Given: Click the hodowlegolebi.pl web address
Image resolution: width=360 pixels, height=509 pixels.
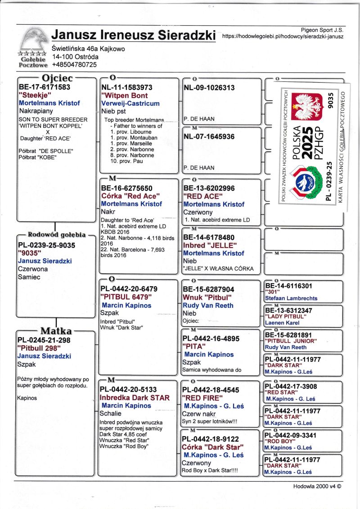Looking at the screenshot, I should point(283,36).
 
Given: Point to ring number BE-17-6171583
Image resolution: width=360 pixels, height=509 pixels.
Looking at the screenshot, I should point(45,87).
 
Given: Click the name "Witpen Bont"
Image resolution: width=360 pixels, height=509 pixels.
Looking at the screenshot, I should point(124,95).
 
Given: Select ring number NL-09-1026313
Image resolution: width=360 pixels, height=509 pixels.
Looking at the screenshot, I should point(209,88).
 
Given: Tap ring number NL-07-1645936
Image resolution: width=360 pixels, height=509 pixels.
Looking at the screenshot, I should point(209,136).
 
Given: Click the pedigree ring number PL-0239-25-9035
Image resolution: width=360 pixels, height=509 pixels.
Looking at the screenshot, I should point(47,245).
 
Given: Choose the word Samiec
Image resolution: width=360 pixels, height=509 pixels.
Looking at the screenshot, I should point(29,277).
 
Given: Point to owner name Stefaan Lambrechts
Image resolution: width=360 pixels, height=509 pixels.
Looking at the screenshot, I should point(291,298).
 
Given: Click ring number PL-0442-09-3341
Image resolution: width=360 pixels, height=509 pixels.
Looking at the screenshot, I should point(291,435).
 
